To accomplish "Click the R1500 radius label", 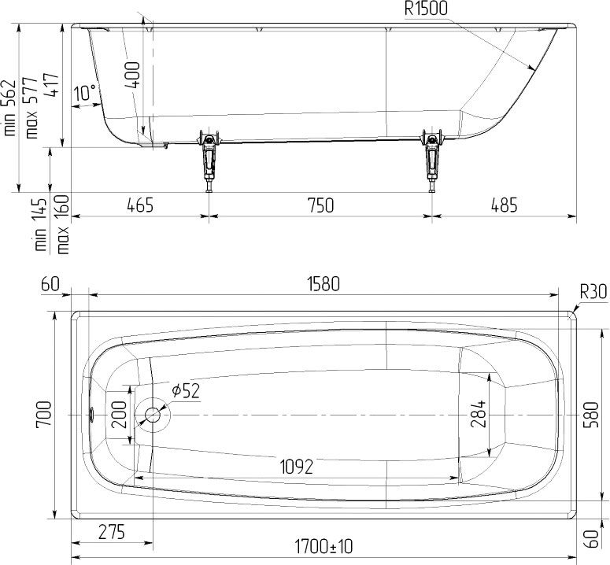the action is pos(426,9).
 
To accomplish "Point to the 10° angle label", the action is pos(85,93).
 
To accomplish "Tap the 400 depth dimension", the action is pos(133,75).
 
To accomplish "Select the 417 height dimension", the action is pos(51,84).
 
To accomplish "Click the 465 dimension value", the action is pos(140,205).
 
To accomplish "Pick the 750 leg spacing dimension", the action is pos(320,205).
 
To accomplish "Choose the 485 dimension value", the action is pos(505,205).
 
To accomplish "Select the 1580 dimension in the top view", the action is pos(323,284).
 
